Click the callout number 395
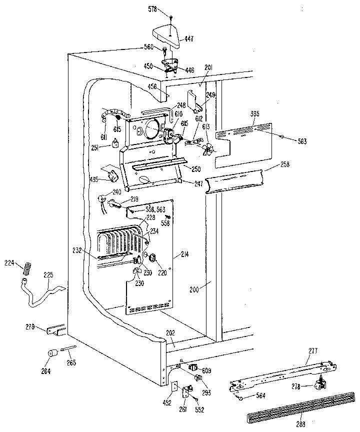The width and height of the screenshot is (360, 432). click(254, 114)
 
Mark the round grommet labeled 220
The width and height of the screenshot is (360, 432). click(153, 258)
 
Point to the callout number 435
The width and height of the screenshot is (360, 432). click(93, 179)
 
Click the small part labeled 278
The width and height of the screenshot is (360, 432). click(316, 385)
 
